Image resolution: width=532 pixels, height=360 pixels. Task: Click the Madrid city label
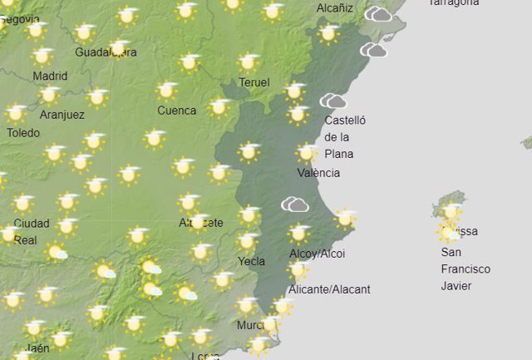(x=50, y=76)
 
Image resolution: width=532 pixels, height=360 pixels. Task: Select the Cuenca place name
(x=177, y=111)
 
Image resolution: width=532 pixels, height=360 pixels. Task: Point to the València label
(x=318, y=173)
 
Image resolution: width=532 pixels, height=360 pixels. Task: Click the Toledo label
(x=22, y=132)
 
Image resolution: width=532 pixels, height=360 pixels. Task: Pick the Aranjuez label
(x=62, y=115)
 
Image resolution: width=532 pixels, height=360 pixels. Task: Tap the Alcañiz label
(x=335, y=8)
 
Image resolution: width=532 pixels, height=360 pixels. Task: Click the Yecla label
(x=252, y=261)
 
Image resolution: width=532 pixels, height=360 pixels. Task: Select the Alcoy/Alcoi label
(x=317, y=254)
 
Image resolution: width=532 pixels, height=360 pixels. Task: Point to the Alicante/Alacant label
(x=328, y=289)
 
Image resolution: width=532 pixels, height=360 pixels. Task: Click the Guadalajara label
(x=106, y=52)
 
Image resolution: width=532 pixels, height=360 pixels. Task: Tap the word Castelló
(x=345, y=120)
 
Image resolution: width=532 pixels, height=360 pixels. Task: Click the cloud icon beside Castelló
(x=333, y=101)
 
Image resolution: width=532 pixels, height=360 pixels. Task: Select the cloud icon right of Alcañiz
(x=378, y=13)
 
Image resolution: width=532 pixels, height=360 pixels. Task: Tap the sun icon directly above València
(x=307, y=153)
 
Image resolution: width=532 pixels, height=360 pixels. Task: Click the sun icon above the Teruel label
(x=247, y=63)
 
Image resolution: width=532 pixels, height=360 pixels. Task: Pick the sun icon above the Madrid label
(x=42, y=57)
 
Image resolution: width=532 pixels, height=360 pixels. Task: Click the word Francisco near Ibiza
(x=465, y=269)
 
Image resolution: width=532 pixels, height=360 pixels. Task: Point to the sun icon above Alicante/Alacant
(x=298, y=269)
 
